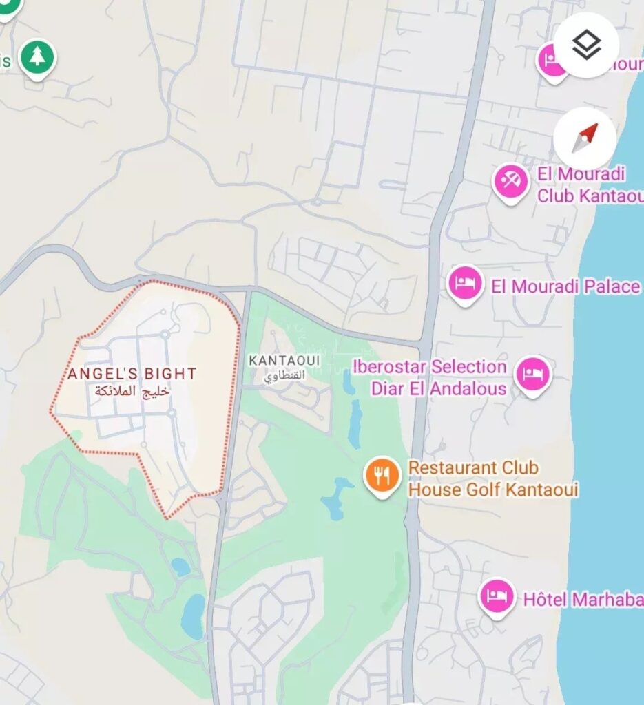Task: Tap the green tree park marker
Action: tap(37, 58)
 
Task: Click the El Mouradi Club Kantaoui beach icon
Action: tap(511, 182)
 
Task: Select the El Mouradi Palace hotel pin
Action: tap(465, 283)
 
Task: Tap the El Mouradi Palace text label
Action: tap(565, 286)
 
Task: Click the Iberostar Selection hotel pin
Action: tap(533, 375)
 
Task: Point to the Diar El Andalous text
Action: tap(439, 388)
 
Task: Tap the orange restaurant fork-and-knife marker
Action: tap(382, 474)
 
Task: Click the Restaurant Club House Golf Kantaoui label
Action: tap(492, 478)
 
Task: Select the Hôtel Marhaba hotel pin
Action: tap(497, 596)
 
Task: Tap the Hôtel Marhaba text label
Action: tap(583, 599)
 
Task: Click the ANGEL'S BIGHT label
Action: tap(132, 374)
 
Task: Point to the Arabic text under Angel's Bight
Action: tap(132, 391)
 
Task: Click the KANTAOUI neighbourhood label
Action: tap(284, 361)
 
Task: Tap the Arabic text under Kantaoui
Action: tap(284, 376)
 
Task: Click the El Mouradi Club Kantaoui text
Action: tap(590, 185)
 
